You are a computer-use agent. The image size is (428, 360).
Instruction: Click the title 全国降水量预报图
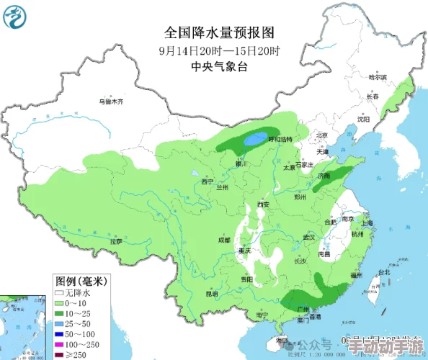[220, 33]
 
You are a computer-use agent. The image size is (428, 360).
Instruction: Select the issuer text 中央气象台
[219, 66]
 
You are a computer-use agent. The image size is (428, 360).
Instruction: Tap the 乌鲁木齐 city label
[111, 102]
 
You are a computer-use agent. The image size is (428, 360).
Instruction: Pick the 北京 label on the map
[321, 135]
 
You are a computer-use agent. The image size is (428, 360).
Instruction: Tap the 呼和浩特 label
[280, 139]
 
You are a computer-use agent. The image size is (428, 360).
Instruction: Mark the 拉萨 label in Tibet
[115, 242]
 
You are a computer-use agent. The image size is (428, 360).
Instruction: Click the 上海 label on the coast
[366, 223]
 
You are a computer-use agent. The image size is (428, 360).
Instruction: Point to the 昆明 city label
[211, 294]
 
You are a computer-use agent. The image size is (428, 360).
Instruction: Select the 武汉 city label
[310, 237]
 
